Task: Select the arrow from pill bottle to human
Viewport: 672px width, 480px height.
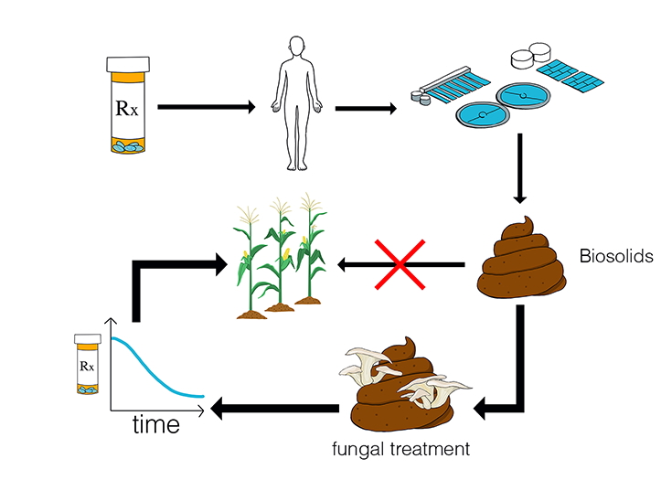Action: coord(205,107)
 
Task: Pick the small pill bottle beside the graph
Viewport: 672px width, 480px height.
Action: coord(88,364)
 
